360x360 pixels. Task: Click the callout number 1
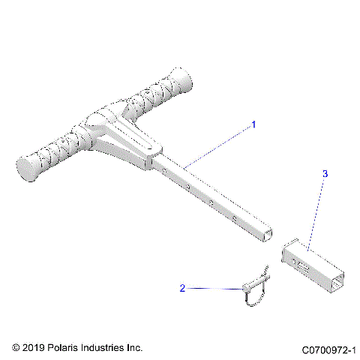tap(253, 124)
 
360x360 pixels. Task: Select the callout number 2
tap(182, 287)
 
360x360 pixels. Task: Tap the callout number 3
tap(325, 174)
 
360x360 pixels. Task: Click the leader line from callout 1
tap(217, 144)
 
